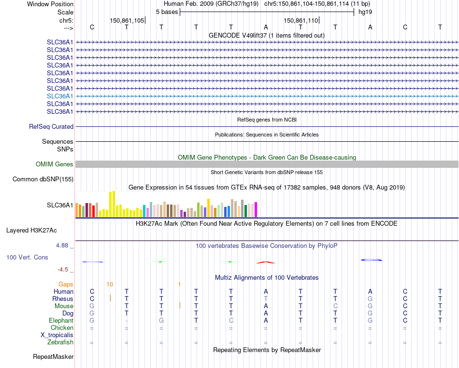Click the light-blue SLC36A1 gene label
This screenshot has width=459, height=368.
(x=60, y=96)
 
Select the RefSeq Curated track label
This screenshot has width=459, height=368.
(x=51, y=126)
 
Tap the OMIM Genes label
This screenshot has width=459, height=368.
(x=55, y=164)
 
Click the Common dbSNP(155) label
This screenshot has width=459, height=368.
(x=43, y=179)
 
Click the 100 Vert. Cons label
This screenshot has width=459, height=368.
(x=27, y=257)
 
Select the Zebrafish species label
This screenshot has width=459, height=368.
(x=60, y=342)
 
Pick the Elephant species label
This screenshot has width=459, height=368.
(x=61, y=321)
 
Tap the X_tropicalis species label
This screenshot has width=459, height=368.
(x=57, y=335)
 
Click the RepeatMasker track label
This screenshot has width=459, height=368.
(x=53, y=357)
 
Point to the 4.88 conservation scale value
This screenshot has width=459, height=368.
(x=63, y=245)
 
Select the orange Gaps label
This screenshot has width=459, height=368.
(x=66, y=284)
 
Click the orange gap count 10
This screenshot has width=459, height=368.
(x=110, y=284)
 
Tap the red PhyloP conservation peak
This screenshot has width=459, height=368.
(x=265, y=262)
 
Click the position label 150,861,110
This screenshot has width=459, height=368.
(x=301, y=21)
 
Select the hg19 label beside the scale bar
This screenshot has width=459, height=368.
(x=365, y=12)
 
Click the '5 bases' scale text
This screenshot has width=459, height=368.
(x=167, y=12)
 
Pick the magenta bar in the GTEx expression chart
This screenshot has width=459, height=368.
(x=256, y=209)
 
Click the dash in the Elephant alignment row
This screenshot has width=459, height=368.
(x=127, y=321)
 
